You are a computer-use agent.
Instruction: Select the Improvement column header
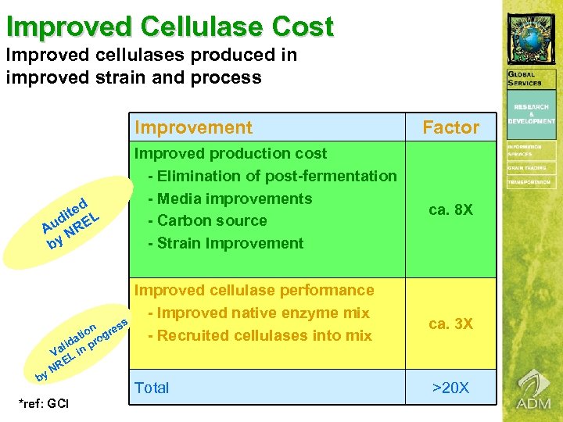pos(193,127)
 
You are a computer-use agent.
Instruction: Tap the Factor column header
pos(450,127)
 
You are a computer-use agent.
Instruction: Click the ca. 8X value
pos(450,210)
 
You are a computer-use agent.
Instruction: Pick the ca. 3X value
pos(450,324)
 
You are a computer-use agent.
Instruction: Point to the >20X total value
pos(450,388)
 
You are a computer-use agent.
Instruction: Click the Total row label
pos(152,388)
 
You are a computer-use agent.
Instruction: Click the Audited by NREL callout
pos(70,218)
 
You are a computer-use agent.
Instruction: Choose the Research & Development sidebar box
pos(531,113)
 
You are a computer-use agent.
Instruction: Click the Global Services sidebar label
pos(531,79)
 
